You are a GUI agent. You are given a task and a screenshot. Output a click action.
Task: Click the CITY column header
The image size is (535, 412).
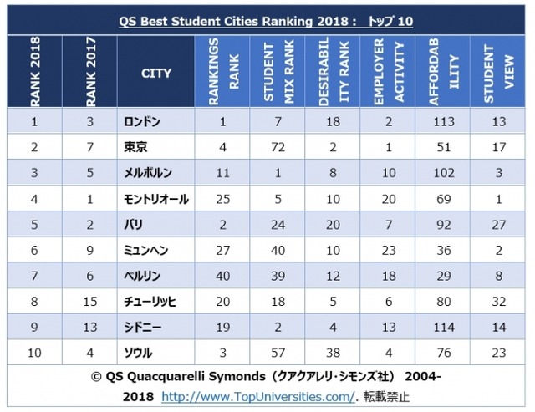tap(155, 74)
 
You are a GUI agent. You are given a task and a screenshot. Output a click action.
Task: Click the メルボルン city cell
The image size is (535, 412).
tap(147, 173)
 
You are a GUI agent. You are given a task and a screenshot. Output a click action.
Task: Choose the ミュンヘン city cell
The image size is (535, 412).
tap(146, 251)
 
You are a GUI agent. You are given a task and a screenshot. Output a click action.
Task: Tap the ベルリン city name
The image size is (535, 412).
tap(142, 277)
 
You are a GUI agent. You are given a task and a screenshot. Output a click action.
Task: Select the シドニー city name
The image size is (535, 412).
tap(141, 328)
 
